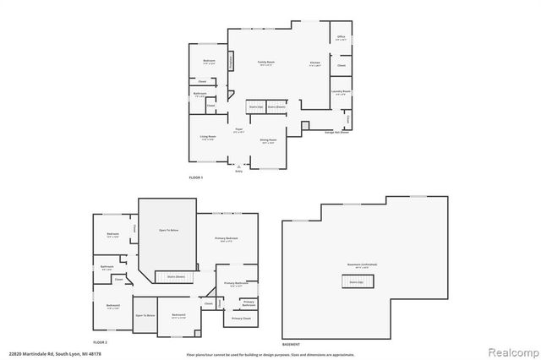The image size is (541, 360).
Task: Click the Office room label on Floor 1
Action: pyautogui.click(x=341, y=38)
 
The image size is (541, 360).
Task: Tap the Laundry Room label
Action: pyautogui.click(x=341, y=92)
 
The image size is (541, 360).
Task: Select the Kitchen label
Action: pyautogui.click(x=314, y=63)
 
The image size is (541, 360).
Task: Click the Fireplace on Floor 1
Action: pyautogui.click(x=230, y=63)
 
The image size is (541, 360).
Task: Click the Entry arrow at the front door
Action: pyautogui.click(x=239, y=167)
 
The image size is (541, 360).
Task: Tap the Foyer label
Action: pyautogui.click(x=239, y=129)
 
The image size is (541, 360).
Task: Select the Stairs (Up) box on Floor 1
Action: pyautogui.click(x=255, y=107)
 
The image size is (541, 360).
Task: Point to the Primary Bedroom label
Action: pyautogui.click(x=227, y=239)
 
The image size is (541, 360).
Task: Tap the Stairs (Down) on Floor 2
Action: pyautogui.click(x=176, y=276)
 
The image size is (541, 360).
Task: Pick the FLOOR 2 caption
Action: pyautogui.click(x=101, y=341)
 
